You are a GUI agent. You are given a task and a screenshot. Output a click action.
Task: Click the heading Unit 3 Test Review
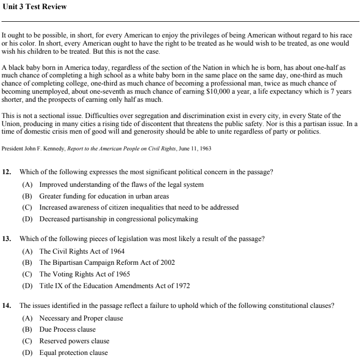click(34, 7)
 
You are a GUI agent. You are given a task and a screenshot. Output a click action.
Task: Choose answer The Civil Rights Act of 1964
click(82, 251)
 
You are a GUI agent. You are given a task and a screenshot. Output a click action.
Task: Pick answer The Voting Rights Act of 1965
click(85, 274)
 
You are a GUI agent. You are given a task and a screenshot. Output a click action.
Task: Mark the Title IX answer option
click(115, 286)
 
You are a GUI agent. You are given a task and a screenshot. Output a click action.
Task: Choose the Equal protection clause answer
click(74, 352)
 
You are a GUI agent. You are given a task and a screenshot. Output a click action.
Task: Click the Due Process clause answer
click(67, 330)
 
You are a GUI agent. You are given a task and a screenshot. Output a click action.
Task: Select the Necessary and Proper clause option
click(81, 318)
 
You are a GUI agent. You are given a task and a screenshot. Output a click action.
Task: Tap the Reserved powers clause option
click(74, 341)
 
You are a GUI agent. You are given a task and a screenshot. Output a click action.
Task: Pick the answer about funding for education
click(104, 196)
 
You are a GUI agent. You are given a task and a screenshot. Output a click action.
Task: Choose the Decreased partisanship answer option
click(119, 219)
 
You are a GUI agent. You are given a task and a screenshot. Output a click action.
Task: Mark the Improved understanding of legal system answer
click(121, 184)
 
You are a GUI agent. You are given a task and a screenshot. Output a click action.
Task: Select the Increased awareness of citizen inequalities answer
click(139, 208)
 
